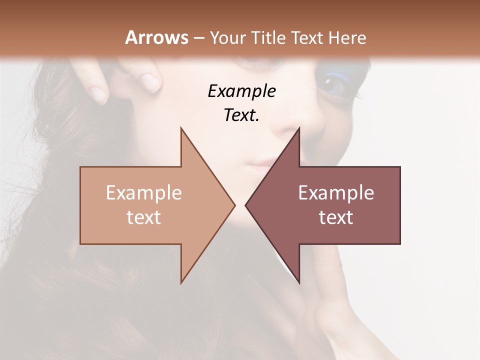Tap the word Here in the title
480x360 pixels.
coord(347,37)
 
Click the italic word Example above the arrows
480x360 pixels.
coord(241,91)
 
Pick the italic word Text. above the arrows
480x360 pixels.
coord(241,115)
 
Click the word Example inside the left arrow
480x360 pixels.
coord(144,192)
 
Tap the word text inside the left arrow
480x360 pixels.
coord(144,217)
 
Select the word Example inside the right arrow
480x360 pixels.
coord(336,192)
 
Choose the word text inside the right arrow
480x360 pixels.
coord(336,217)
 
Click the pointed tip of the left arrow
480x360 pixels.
coord(234,205)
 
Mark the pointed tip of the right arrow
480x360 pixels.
coord(246,205)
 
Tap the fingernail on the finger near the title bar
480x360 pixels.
coord(149,80)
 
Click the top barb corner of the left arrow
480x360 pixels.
coord(181,128)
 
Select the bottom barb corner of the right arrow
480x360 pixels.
coord(299,282)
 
